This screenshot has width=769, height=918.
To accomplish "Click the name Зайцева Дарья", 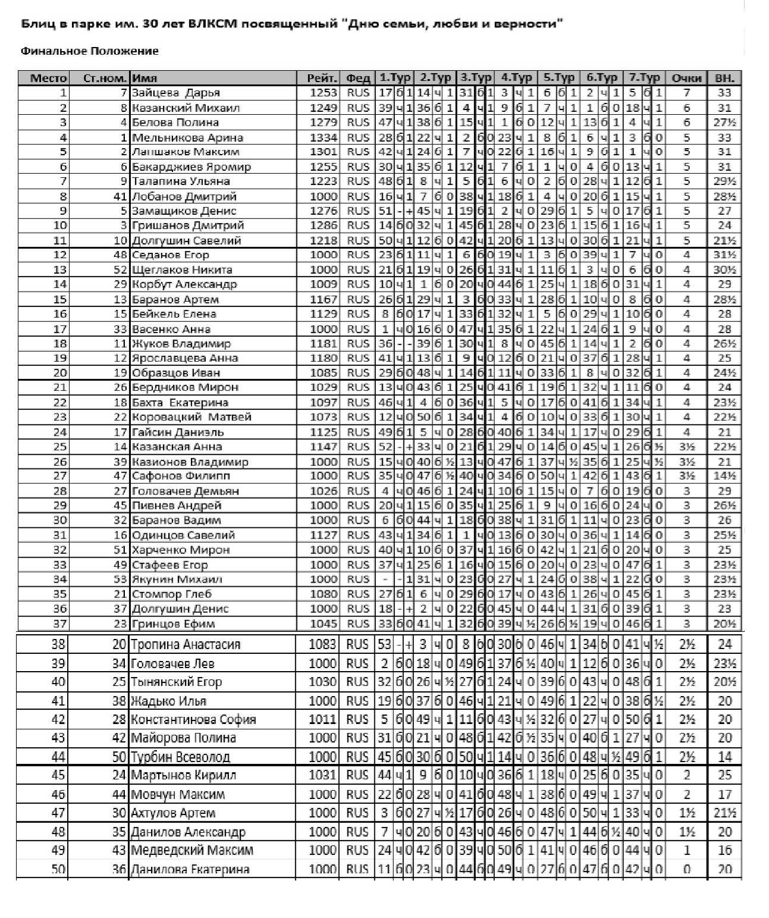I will pos(176,93).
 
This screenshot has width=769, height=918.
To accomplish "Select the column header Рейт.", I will pos(322,78).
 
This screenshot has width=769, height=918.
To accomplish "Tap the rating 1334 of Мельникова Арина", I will pos(323,137).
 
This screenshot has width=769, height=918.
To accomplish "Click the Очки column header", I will pos(686,78).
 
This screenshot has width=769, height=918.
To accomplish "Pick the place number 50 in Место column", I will pos(58,869).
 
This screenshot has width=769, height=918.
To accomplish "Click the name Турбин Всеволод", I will pos(180,757).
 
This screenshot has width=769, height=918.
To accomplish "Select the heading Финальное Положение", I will pos(90,51).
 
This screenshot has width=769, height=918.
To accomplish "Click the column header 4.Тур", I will pos(516,78).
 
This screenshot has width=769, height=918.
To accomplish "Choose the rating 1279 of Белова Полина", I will pos(323,123).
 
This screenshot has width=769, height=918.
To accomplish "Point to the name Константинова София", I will pos(193,719).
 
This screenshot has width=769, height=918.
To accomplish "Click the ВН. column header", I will pos(724,78).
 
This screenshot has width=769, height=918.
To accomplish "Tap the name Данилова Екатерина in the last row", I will pos(190,869).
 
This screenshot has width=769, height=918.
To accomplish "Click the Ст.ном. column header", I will pos(105,78).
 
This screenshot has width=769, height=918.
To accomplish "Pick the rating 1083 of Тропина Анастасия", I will pos(323,644).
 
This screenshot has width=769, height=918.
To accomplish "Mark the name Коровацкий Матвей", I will pos(192,417).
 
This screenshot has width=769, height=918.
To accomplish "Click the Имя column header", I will pos(145,78).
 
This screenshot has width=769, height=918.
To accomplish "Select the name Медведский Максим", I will pos(192,850).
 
